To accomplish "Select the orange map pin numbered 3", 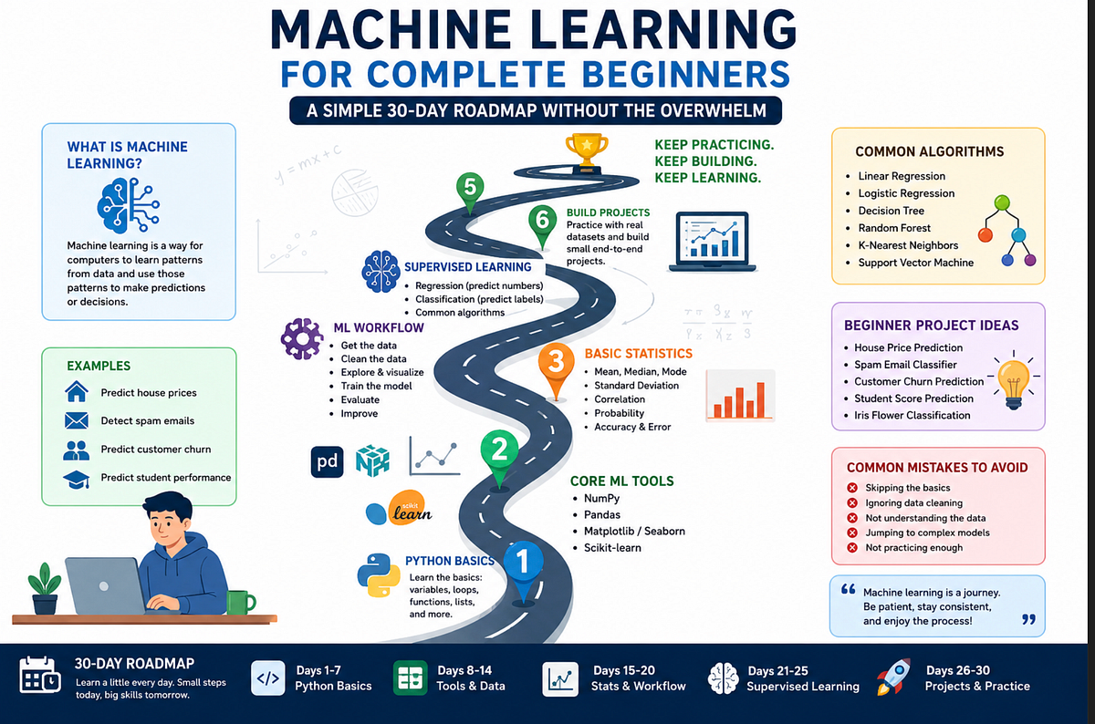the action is click(556, 369).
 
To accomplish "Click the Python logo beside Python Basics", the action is click(375, 575).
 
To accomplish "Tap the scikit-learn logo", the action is click(400, 508).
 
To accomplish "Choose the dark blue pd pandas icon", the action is click(327, 461).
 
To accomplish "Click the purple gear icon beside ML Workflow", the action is click(302, 338).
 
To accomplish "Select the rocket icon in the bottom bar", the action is click(893, 677).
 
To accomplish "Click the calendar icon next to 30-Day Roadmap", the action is click(40, 675).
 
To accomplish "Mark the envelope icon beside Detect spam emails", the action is click(77, 420).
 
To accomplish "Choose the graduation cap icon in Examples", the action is click(77, 480).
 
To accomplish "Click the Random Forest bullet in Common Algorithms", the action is click(894, 228).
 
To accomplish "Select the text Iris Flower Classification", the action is click(912, 415).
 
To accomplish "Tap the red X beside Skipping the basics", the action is click(852, 488).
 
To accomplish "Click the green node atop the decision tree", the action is click(1002, 202).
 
